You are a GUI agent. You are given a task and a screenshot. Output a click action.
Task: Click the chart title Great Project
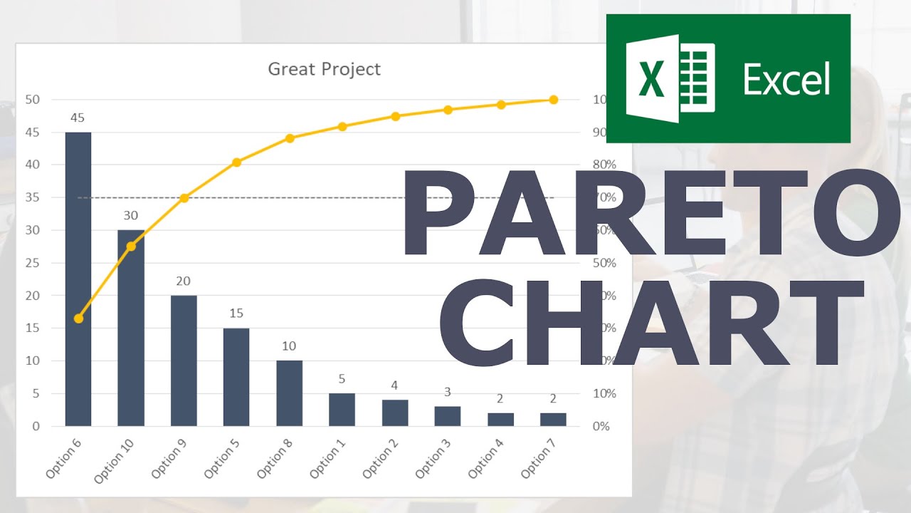coord(324,69)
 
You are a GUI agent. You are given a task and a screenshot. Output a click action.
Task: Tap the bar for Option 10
coord(131,328)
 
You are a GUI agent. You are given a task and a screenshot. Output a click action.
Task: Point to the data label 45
coord(78,118)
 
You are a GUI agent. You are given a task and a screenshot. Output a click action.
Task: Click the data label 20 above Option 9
coord(184,281)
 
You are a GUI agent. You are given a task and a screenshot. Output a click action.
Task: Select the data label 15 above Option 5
coord(236,313)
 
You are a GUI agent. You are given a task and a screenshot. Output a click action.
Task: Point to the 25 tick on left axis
coord(32,263)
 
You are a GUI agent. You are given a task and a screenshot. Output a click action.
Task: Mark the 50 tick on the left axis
coord(32,100)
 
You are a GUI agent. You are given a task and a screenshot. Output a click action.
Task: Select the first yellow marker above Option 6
coord(78,318)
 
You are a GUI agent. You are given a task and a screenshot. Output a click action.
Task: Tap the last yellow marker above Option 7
coord(553,100)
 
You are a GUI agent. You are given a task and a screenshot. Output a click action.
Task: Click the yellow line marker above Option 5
coord(236,162)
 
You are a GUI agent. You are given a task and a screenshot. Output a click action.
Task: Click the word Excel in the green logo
coord(786,78)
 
